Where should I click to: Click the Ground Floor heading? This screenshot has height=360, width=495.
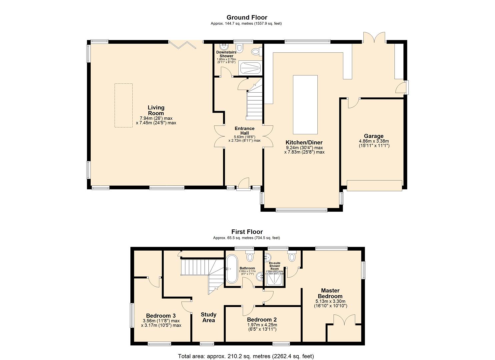(247, 17)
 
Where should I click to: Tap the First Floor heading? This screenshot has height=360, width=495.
(247, 232)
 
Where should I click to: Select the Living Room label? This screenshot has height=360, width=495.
(156, 110)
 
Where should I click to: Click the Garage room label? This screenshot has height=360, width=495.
(373, 136)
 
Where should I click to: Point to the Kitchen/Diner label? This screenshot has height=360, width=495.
(304, 142)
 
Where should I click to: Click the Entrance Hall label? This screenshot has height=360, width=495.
(244, 131)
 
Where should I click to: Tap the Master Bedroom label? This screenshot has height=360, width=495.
(330, 293)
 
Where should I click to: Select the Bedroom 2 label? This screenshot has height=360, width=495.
(262, 319)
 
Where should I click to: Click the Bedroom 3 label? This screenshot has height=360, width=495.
(161, 316)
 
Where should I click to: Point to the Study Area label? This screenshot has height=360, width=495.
(209, 317)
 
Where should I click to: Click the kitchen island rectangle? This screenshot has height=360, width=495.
(305, 104)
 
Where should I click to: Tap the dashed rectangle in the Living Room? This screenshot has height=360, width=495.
(124, 105)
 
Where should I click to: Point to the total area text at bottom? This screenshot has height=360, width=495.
(246, 356)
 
